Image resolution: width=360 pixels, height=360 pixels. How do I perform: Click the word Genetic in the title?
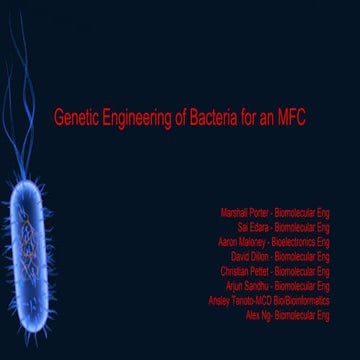point(75,118)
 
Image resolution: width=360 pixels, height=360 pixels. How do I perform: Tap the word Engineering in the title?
point(136,118)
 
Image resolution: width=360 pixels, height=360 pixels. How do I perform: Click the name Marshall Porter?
point(243,213)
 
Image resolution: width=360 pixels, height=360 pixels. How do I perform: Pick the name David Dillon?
point(250,256)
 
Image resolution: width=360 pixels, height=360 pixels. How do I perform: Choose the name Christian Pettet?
point(244,271)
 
